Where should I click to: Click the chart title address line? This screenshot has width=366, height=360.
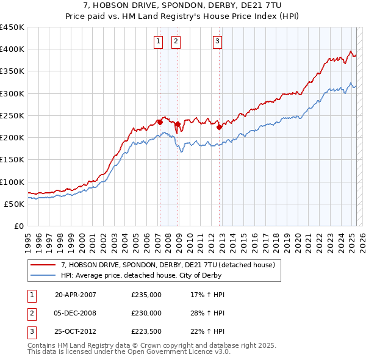pyautogui.click(x=183, y=5)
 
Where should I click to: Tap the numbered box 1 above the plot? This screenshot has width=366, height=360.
pyautogui.click(x=159, y=41)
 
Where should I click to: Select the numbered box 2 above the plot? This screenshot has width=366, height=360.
pyautogui.click(x=176, y=41)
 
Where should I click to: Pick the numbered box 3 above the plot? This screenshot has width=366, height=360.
pyautogui.click(x=218, y=41)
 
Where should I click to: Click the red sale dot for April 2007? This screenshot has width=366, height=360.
pyautogui.click(x=160, y=122)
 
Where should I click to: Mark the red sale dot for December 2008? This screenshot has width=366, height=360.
pyautogui.click(x=178, y=124)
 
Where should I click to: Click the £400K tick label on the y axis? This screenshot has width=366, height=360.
pyautogui.click(x=12, y=49)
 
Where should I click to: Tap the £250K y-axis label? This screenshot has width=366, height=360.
pyautogui.click(x=12, y=115)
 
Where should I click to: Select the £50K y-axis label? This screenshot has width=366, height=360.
pyautogui.click(x=15, y=204)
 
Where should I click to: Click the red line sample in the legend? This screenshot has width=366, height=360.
pyautogui.click(x=43, y=265)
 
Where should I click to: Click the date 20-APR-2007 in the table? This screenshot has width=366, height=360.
pyautogui.click(x=76, y=295)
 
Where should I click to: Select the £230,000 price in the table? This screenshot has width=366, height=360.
pyautogui.click(x=146, y=313)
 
